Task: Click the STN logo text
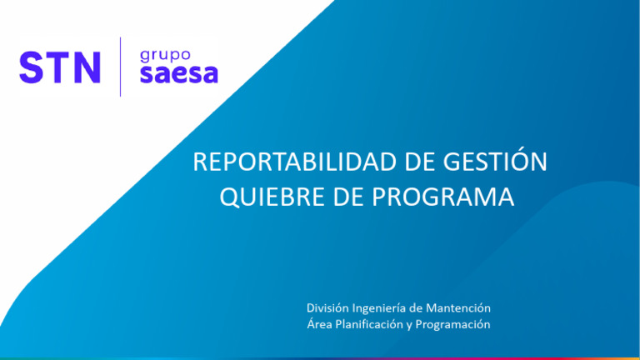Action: (x=60, y=67)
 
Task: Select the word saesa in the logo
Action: (x=178, y=74)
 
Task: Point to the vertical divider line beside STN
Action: (x=121, y=67)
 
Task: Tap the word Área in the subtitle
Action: (x=320, y=324)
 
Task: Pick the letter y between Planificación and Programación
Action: (x=410, y=325)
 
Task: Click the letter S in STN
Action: (x=31, y=67)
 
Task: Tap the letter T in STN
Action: (x=58, y=67)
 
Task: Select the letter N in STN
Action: (x=87, y=67)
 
